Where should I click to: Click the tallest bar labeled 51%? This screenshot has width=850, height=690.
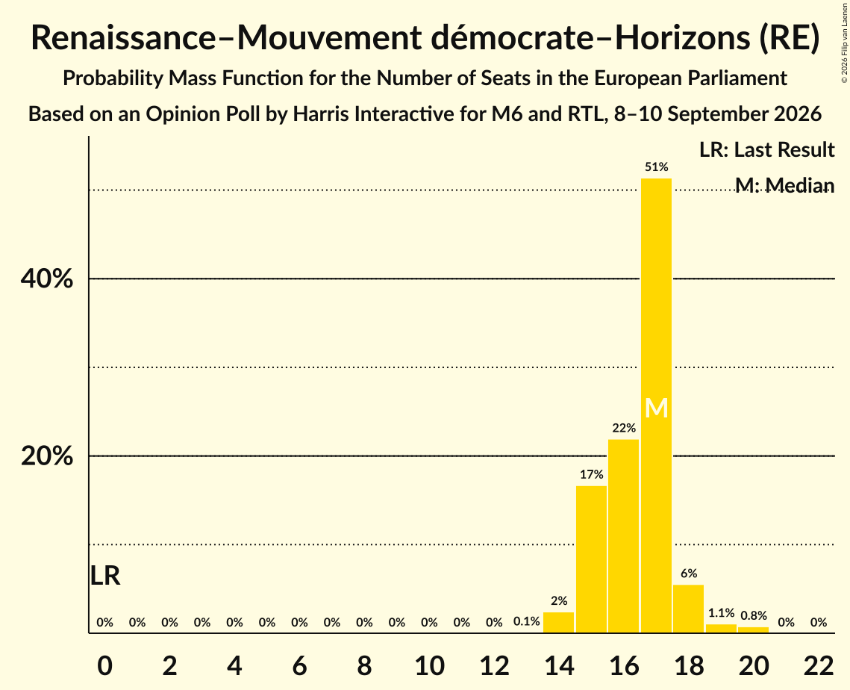pos(656,405)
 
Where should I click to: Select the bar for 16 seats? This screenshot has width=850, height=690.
pos(623,536)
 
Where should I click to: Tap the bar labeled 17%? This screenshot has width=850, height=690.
pos(591,559)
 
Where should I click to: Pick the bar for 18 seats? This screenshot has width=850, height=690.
pos(689,609)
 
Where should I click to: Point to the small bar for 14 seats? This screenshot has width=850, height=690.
pos(558,622)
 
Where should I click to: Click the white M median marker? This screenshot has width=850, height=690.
pos(657,408)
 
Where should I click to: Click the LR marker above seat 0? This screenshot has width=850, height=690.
pos(104,576)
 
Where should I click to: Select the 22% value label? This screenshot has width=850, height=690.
pos(624,428)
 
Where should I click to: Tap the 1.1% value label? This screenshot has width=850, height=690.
pos(722,613)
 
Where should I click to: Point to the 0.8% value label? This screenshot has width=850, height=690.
pos(754,615)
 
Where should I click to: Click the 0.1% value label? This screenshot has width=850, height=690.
pos(526,621)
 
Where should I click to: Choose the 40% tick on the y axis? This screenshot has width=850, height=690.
pos(47,279)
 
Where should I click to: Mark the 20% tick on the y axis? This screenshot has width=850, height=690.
pos(47,456)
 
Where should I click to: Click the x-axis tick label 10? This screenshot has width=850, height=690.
pos(429,665)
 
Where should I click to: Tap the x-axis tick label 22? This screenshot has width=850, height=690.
pos(819,665)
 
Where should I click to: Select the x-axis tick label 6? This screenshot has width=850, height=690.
pos(300,665)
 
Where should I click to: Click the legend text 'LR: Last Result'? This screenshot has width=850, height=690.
pos(767,149)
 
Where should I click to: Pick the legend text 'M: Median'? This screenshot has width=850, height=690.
pos(785,185)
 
